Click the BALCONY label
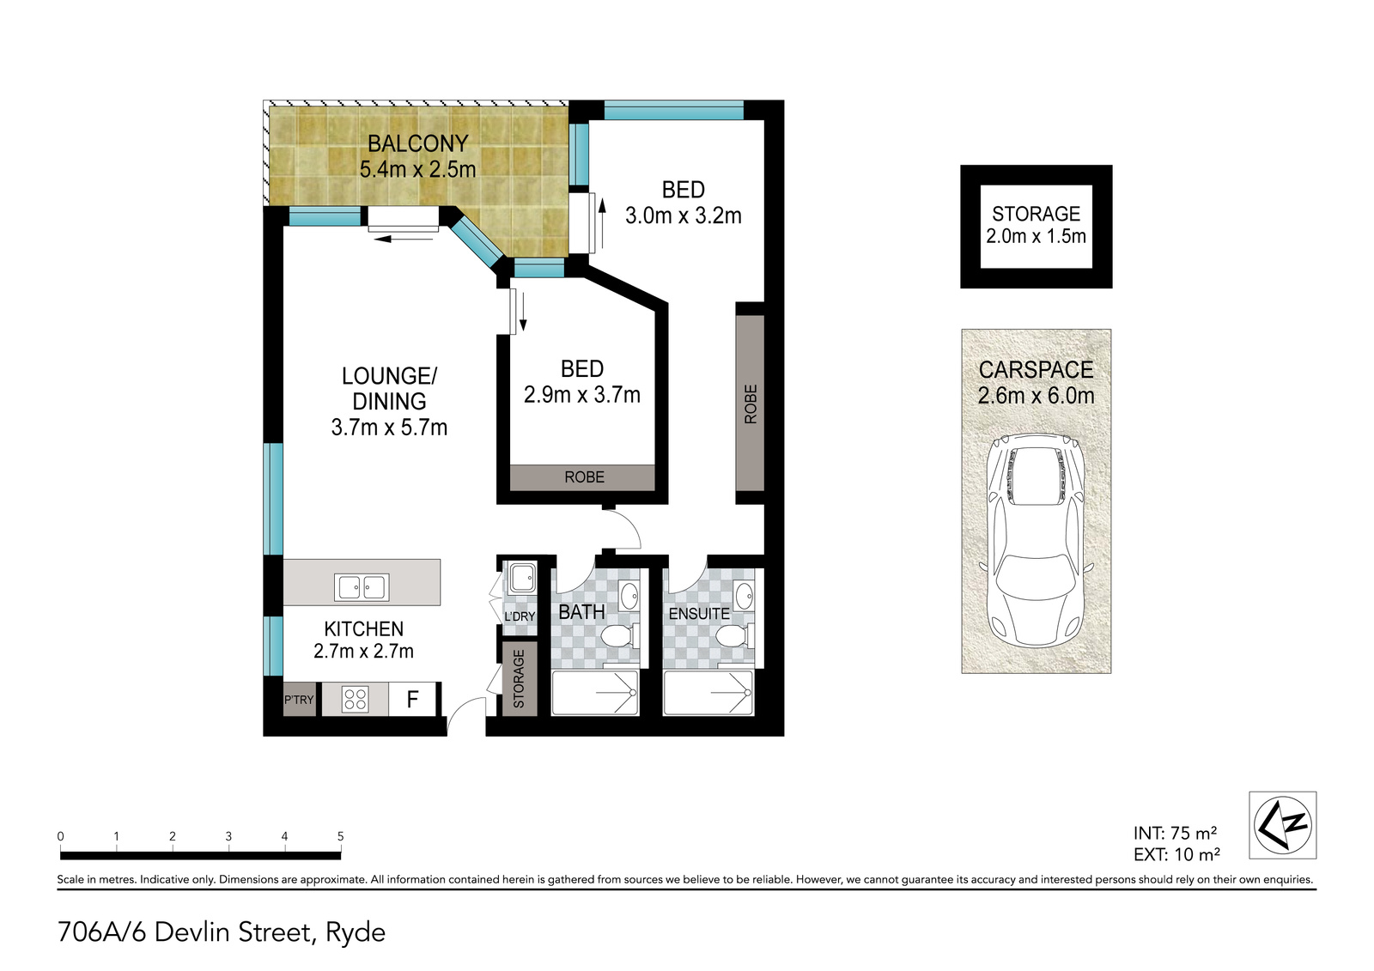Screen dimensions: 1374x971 [417, 143]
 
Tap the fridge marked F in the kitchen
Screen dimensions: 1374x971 [412, 699]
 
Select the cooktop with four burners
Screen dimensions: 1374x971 [356, 699]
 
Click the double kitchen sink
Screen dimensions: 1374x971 [362, 587]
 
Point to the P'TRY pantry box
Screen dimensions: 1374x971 [299, 699]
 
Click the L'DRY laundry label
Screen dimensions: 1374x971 [520, 616]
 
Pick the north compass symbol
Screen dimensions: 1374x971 [1283, 825]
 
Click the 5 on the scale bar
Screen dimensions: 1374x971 [340, 836]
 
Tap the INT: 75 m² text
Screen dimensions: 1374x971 [1175, 833]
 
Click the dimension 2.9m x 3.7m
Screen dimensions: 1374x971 [581, 394]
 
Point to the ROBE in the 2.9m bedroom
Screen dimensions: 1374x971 [585, 477]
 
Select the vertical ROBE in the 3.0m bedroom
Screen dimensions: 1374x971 [750, 403]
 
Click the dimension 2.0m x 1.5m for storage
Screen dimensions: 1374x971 [1036, 236]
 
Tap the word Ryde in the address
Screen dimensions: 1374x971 [356, 933]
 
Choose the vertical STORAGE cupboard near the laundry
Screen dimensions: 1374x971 [519, 679]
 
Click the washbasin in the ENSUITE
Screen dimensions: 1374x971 [744, 594]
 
